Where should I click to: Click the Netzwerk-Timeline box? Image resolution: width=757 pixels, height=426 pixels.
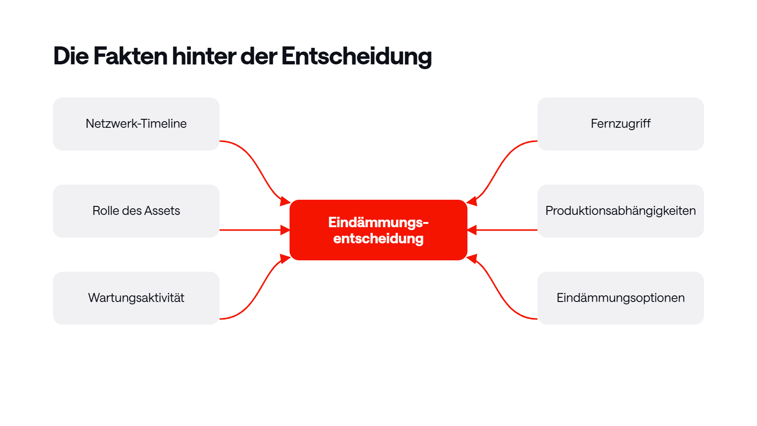[x=136, y=124]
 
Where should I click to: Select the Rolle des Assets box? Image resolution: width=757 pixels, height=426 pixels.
[x=136, y=211]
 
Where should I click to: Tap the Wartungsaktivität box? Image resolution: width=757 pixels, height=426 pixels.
[x=136, y=298]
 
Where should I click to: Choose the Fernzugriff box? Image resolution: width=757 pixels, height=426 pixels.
[x=620, y=124]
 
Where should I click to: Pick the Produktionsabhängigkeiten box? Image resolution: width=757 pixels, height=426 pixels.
[x=620, y=211]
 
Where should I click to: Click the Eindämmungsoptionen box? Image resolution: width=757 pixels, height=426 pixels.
[x=620, y=298]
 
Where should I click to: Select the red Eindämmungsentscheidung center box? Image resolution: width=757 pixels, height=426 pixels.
[x=378, y=230]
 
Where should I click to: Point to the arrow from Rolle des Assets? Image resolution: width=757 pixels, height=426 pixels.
[x=255, y=230]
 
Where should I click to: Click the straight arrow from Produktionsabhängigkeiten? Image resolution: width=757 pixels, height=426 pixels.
[x=502, y=230]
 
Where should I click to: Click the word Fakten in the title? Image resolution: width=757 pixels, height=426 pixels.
[x=131, y=56]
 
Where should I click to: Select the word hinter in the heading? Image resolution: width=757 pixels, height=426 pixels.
[x=204, y=56]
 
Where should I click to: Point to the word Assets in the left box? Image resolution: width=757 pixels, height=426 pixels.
[x=162, y=211]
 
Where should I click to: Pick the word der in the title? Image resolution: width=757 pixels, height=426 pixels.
[x=259, y=56]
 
